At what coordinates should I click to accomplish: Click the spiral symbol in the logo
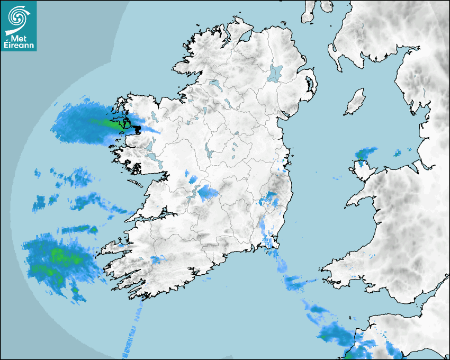coord(19,17)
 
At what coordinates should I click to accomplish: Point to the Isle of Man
coord(355,102)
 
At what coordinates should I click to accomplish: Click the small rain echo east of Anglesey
coord(398,154)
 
